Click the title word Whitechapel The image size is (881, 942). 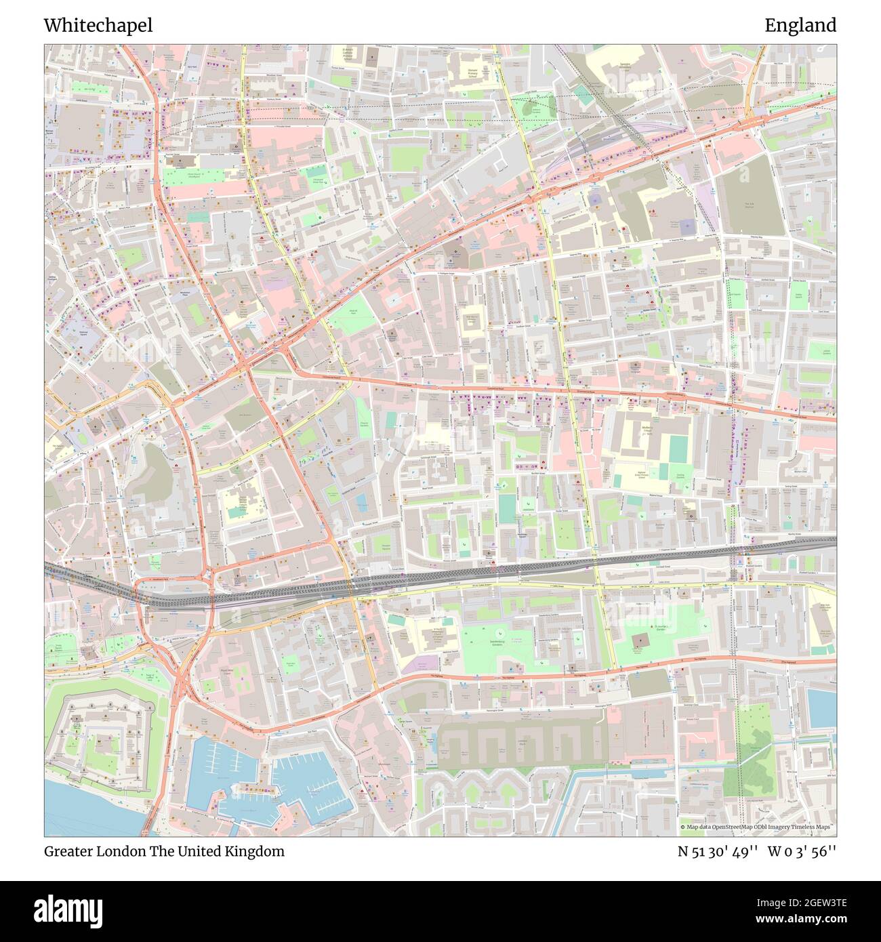[98, 25]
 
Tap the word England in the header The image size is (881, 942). [800, 25]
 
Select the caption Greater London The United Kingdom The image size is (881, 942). [164, 851]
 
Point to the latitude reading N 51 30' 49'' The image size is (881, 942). [718, 851]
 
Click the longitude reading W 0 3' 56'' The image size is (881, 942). [802, 851]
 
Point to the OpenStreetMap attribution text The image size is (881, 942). [757, 827]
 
